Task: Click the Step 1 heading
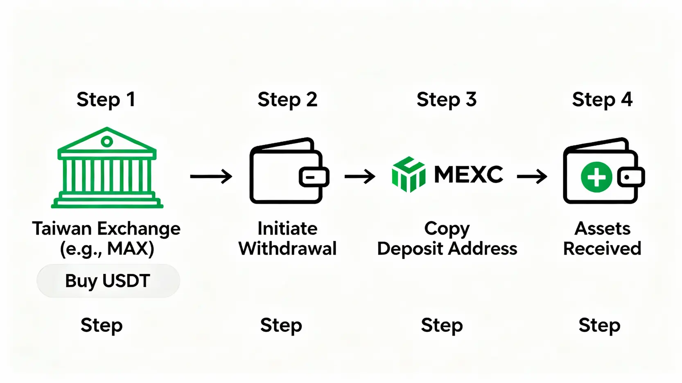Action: pos(106,100)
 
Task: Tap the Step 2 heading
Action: pos(287,100)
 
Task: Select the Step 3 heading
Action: pos(447,100)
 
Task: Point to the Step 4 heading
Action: pos(602,100)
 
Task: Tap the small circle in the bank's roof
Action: pos(107,142)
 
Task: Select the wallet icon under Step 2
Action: pos(287,171)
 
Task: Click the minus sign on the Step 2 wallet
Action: pos(311,177)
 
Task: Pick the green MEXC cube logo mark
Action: pos(409,175)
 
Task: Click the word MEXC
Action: pos(468,175)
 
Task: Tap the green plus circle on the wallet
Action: pos(596,177)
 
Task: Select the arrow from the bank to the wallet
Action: pos(211,177)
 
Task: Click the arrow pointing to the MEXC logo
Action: pos(360,177)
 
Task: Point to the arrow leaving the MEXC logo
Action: pos(532,177)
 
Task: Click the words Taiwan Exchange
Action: pos(106,228)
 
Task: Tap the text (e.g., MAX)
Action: pos(107,249)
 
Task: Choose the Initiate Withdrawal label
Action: pos(287,238)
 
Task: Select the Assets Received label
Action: pos(602,238)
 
